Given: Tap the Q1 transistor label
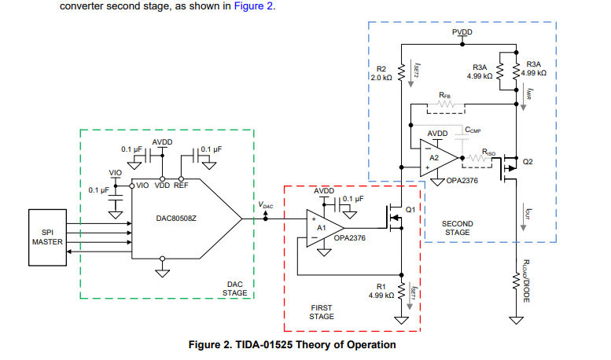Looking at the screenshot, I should click(x=410, y=209).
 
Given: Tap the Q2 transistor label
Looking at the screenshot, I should click(x=528, y=162).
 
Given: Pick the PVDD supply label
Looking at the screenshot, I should click(x=463, y=31).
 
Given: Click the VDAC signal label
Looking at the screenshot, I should click(x=266, y=205).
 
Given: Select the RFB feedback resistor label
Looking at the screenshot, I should click(x=445, y=95).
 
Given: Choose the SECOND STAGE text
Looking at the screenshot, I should click(x=458, y=229).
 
